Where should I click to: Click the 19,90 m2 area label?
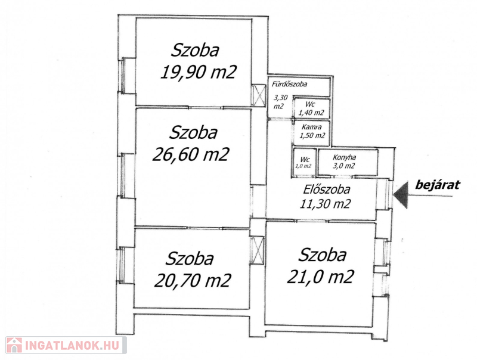(x=199, y=72)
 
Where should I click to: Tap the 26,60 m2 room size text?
(x=191, y=154)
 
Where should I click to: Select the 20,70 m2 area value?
(x=193, y=280)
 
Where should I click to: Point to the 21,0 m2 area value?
(x=321, y=277)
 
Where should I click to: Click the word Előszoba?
(x=327, y=190)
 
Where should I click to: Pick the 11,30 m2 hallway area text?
(x=325, y=203)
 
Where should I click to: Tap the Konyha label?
(x=344, y=157)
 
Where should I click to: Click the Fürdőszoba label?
(x=289, y=84)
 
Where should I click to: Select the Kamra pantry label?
(x=311, y=127)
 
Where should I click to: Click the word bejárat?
(x=438, y=185)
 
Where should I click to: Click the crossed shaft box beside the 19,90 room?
(x=259, y=95)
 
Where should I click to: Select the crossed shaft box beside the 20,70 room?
(x=257, y=250)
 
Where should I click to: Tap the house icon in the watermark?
(x=14, y=345)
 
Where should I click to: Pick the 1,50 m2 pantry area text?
(x=312, y=135)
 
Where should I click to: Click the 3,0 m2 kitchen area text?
(x=344, y=166)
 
